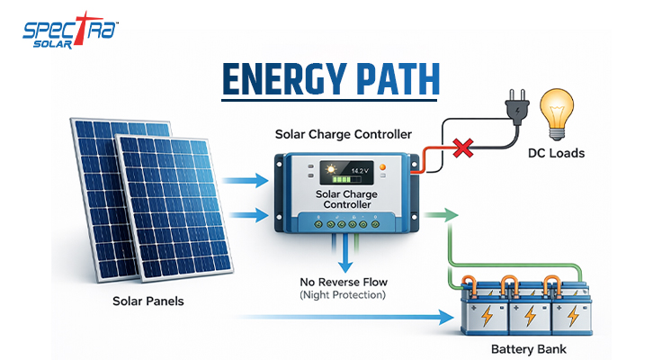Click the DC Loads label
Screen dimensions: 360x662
556,153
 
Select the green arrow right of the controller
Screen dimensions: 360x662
442,216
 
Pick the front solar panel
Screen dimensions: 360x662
175,211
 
